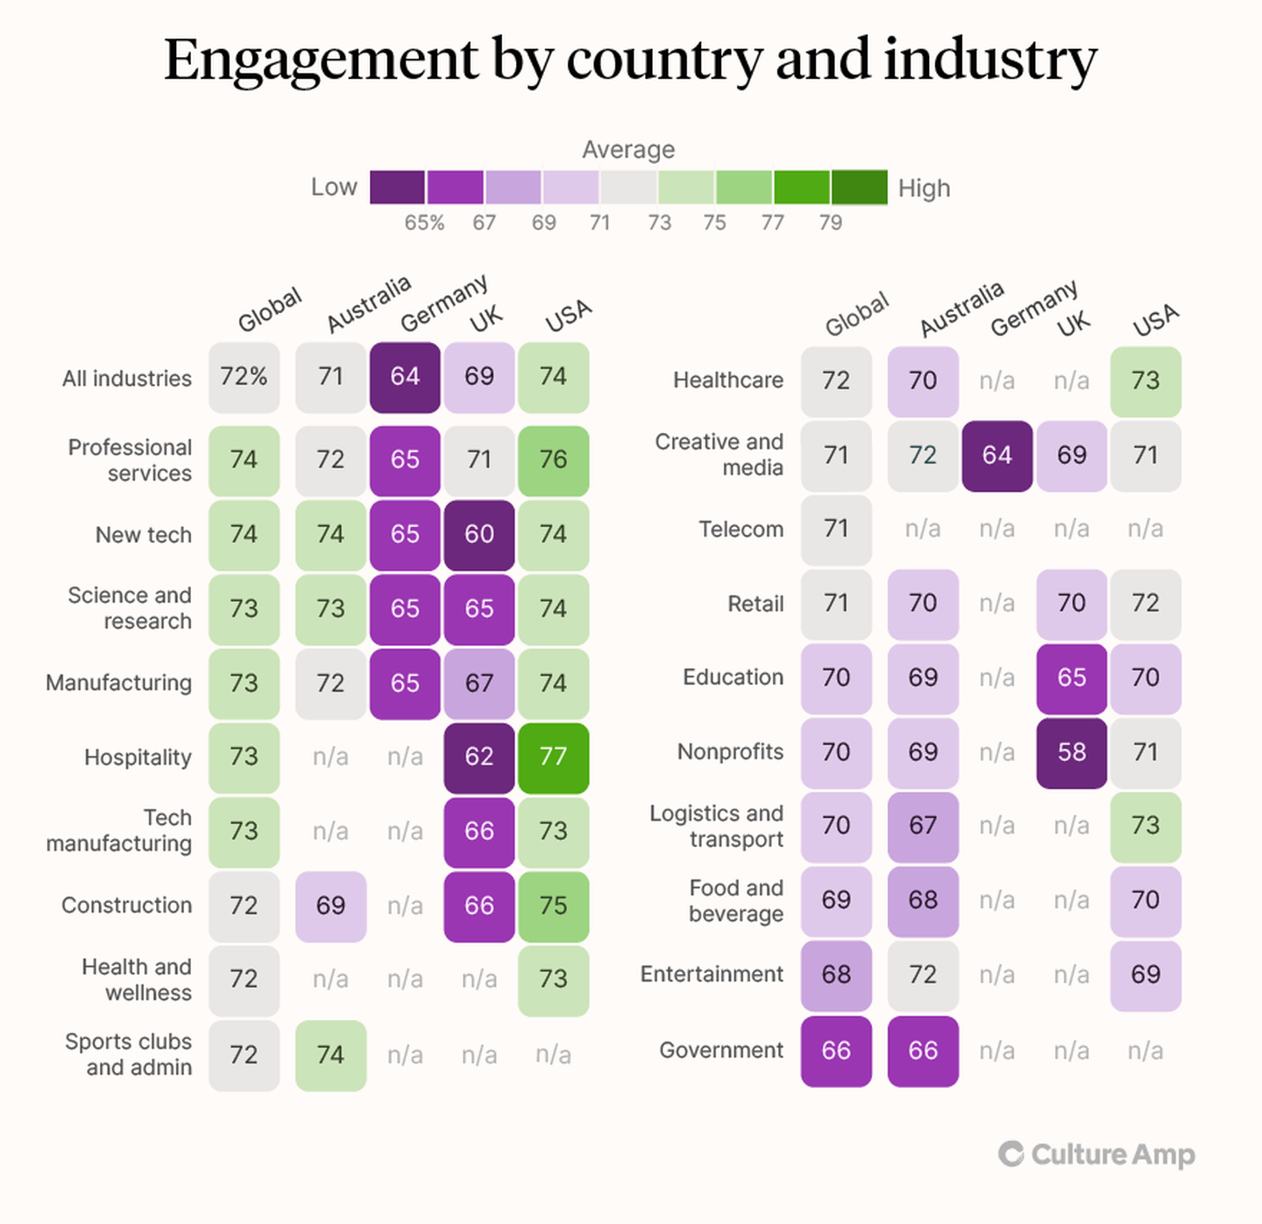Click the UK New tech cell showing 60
click(479, 534)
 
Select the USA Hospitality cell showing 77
click(553, 757)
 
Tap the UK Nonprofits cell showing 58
click(1071, 752)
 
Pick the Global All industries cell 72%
click(244, 377)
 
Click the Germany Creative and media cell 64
click(996, 455)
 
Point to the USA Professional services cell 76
click(553, 459)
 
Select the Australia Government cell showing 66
click(922, 1050)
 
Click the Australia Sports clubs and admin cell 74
click(330, 1055)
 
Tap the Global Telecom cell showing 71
click(836, 530)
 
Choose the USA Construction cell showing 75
click(553, 906)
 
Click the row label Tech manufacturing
click(119, 830)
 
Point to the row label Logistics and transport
click(716, 826)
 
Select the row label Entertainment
click(712, 974)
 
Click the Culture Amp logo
click(1096, 1154)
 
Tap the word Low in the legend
click(334, 187)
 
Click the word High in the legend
click(924, 188)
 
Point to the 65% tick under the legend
click(424, 223)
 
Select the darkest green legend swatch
click(859, 187)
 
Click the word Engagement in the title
click(322, 60)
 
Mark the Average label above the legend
click(628, 150)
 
